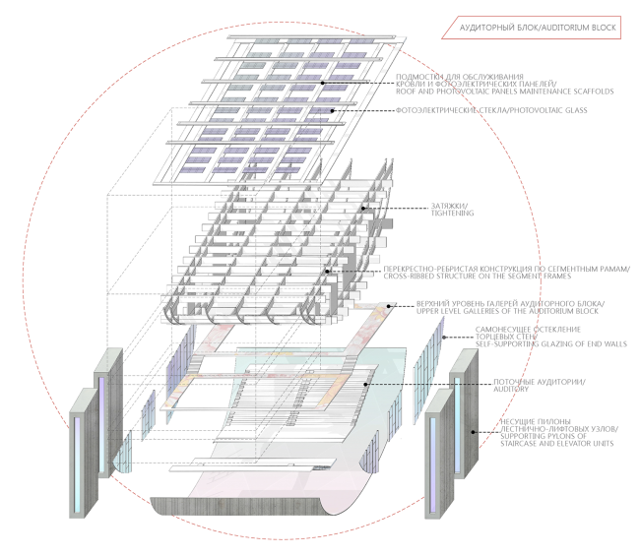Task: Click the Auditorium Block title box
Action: (532, 28)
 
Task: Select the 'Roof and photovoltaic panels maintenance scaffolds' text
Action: (504, 92)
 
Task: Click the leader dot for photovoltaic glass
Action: (332, 110)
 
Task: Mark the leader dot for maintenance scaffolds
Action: (322, 83)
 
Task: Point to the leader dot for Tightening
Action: (363, 209)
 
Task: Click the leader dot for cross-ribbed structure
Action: (327, 271)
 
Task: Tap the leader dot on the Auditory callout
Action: (365, 384)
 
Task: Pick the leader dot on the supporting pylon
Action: (473, 432)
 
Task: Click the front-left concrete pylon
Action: (84, 453)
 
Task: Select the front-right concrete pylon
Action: (439, 454)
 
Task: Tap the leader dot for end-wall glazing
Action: (444, 338)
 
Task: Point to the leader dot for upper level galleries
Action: (389, 306)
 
